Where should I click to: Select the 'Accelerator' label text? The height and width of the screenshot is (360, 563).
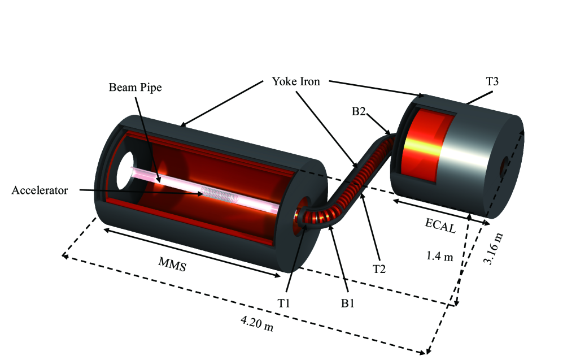point(40,190)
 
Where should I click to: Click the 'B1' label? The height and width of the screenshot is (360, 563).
point(347,303)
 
